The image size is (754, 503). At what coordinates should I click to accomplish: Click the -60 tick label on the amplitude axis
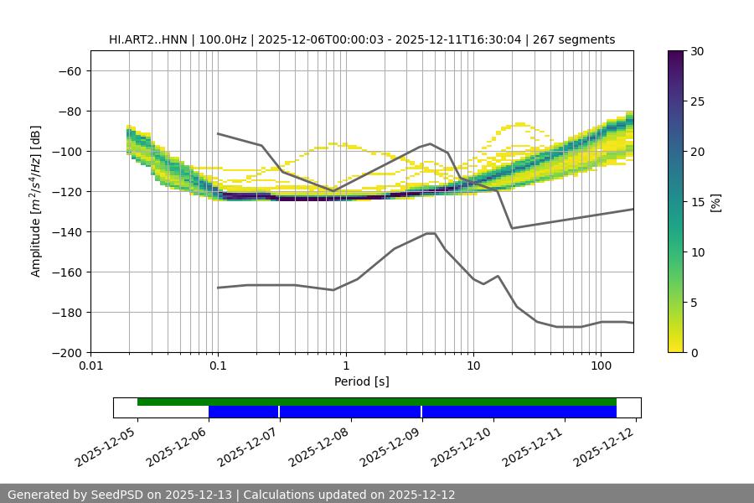[69, 70]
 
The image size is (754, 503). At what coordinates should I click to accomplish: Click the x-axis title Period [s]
[361, 382]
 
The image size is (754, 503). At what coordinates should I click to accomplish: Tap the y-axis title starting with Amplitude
[36, 201]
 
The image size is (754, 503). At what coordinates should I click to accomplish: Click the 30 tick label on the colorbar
[697, 51]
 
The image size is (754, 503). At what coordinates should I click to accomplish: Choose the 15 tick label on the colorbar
[697, 201]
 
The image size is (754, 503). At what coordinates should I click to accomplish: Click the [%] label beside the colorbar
[715, 201]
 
